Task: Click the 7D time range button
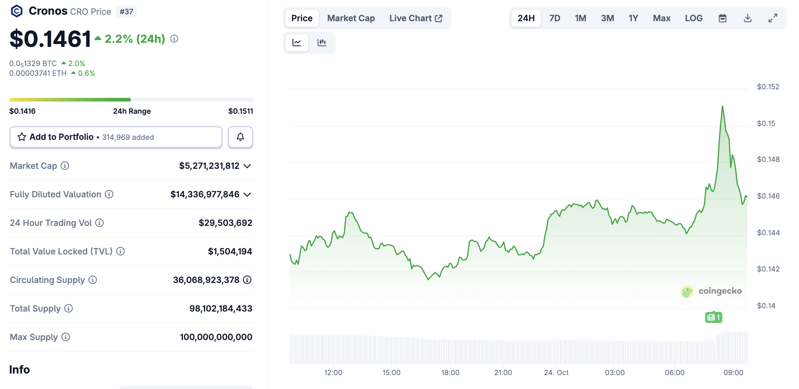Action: click(x=554, y=18)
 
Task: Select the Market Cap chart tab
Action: click(x=351, y=18)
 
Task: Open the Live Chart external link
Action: click(x=416, y=18)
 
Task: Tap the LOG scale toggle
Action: click(x=693, y=18)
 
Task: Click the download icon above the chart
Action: click(x=748, y=18)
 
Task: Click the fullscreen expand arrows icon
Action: click(x=772, y=18)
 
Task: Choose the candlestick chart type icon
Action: click(x=322, y=42)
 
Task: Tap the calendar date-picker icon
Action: click(x=722, y=18)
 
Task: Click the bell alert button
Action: click(x=240, y=137)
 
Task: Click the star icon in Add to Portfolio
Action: click(x=22, y=137)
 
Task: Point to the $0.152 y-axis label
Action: click(x=768, y=87)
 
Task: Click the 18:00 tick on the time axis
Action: click(x=450, y=373)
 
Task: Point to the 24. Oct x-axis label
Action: click(x=556, y=373)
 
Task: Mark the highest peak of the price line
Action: click(x=722, y=106)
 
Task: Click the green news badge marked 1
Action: click(x=713, y=317)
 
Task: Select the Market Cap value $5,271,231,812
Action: click(x=209, y=166)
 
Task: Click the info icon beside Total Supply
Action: click(x=69, y=308)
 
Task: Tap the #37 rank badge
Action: click(x=126, y=12)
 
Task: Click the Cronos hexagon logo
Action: click(x=17, y=11)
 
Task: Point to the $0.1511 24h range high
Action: click(x=241, y=111)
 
